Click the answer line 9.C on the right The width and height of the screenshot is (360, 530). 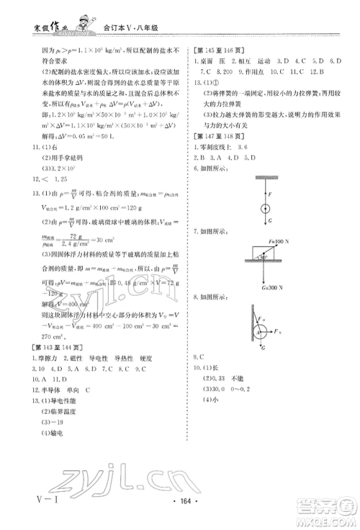pos(201,359)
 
